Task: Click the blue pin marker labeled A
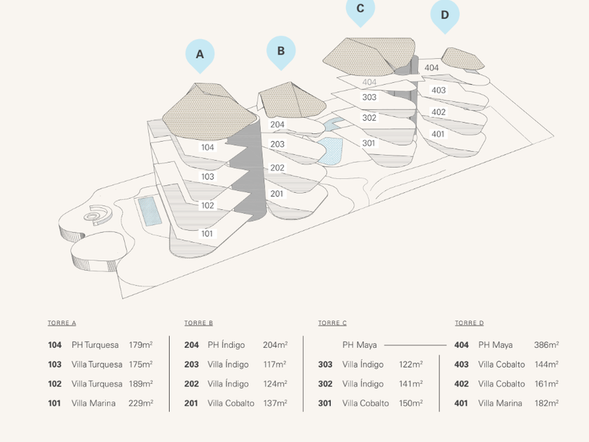coord(200,55)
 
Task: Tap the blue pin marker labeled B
coord(281,51)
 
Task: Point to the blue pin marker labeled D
coord(445,15)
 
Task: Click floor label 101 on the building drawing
coord(208,234)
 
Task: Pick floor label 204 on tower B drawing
coord(278,125)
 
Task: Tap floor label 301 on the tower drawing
coord(369,143)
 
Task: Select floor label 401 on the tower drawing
coord(438,134)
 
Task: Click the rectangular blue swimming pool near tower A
coord(149,210)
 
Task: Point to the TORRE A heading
coord(62,323)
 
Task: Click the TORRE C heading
coord(332,323)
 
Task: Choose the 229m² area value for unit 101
coord(141,403)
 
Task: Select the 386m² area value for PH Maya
coord(546,345)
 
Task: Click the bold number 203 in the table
coord(191,365)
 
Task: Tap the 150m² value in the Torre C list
coord(411,403)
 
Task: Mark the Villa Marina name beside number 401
coord(500,403)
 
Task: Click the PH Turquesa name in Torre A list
coord(96,345)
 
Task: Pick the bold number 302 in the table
coord(325,384)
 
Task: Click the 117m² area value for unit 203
coord(275,365)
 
